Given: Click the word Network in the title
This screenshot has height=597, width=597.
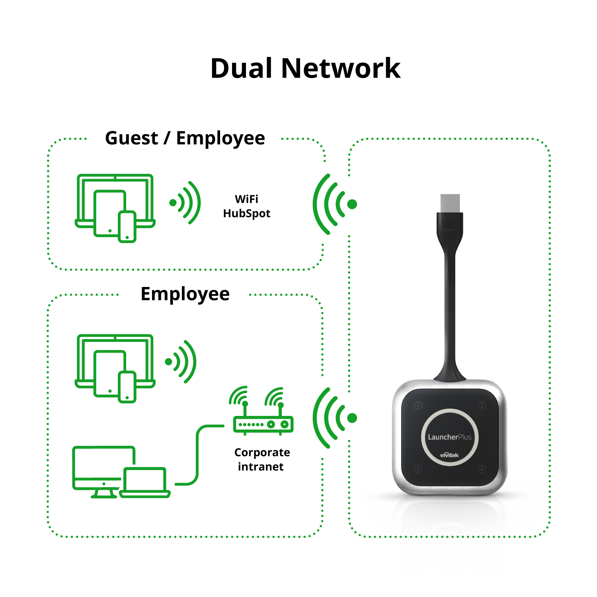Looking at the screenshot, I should [341, 68].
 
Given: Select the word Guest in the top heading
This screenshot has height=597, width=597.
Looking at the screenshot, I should [132, 138].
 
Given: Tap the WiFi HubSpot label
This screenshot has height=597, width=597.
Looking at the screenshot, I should [247, 206].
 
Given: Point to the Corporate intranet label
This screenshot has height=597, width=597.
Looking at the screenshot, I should [262, 459].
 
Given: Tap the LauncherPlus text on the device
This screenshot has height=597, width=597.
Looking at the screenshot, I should [449, 437].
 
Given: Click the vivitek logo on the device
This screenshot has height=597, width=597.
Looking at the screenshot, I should [449, 455].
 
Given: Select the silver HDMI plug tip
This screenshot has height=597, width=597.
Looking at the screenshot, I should [450, 203].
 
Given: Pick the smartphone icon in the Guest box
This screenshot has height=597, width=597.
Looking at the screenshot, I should [127, 227].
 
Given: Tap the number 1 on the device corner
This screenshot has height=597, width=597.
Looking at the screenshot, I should [418, 406].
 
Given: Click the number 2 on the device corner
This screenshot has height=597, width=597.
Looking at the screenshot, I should [482, 406].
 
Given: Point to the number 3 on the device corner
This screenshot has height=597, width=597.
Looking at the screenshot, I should [418, 469].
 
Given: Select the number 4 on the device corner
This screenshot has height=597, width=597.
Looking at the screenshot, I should [482, 469].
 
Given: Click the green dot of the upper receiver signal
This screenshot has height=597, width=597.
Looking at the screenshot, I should [352, 204].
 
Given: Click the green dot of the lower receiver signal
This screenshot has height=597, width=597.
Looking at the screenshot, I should [352, 418].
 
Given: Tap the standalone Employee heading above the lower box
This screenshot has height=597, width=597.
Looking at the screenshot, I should [185, 294].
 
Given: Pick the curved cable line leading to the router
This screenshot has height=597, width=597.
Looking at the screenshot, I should [197, 454].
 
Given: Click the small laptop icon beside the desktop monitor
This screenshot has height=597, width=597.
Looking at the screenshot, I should [145, 482].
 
